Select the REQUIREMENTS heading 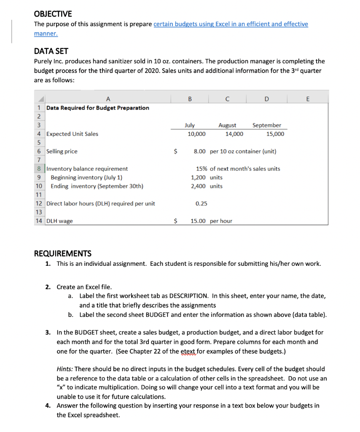click(62, 253)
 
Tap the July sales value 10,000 click(196, 134)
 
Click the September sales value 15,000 click(275, 134)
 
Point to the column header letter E click(307, 99)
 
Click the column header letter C click(227, 99)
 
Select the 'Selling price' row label click(62, 151)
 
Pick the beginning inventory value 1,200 click(199, 178)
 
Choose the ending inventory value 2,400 click(199, 186)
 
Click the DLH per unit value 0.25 click(201, 203)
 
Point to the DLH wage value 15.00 click(199, 221)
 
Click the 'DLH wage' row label click(59, 221)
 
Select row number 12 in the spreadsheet click(39, 203)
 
